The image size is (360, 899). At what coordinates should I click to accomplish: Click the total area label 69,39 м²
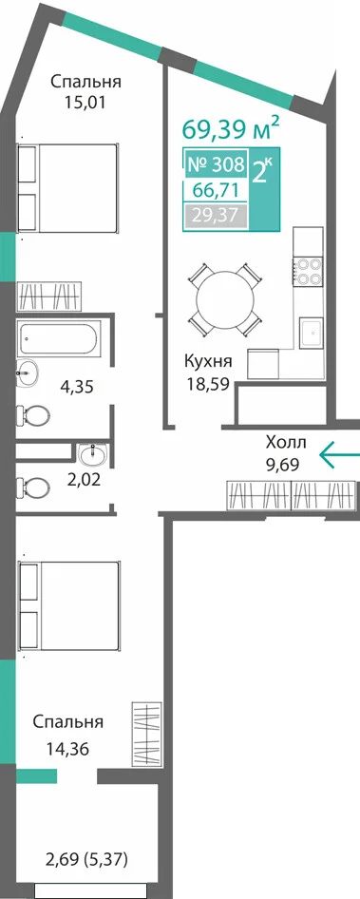tap(231, 128)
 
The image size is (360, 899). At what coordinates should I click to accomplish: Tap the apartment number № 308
tap(217, 165)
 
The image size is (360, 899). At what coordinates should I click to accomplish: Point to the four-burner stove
tap(309, 271)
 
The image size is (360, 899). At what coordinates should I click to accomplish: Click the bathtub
tap(60, 337)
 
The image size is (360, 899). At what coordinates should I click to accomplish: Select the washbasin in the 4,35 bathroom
tap(27, 373)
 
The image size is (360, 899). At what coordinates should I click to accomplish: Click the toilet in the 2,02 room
tap(32, 488)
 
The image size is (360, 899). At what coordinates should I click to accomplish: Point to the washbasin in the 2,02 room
tap(92, 454)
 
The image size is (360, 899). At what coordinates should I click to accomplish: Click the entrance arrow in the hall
tap(338, 454)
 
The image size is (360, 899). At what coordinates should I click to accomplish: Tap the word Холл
tap(287, 443)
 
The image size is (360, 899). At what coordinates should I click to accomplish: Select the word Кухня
tap(208, 362)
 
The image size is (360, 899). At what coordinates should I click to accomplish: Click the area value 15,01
tap(86, 104)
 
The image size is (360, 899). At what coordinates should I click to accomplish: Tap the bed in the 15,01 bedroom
tap(67, 188)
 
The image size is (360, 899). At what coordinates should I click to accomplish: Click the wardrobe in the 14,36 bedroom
tap(145, 730)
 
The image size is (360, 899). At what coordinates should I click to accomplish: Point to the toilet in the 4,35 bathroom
tap(32, 414)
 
